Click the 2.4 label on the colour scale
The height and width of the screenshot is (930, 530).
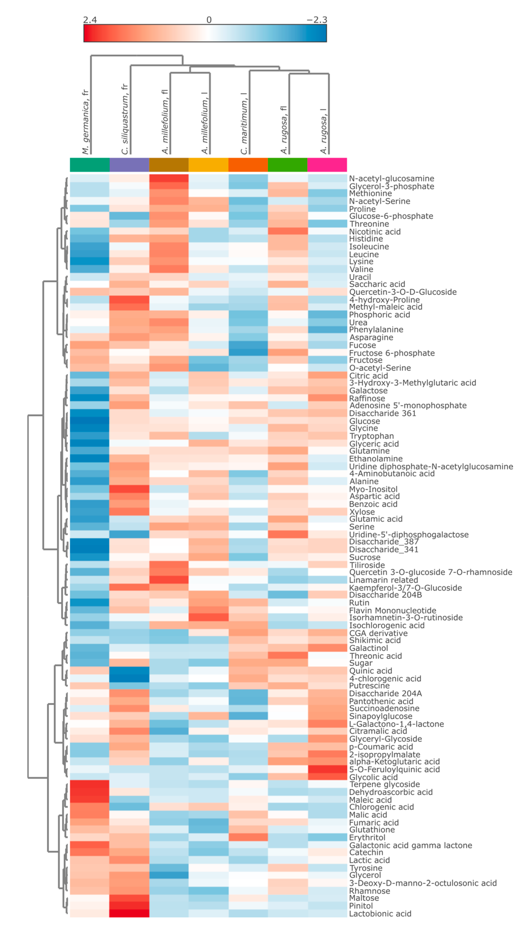click(x=90, y=20)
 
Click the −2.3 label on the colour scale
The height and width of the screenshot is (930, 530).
click(x=316, y=20)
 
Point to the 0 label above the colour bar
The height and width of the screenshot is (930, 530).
click(x=209, y=20)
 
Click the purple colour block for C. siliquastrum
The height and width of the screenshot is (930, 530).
click(x=129, y=165)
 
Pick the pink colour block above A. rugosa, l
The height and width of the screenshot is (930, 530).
click(x=327, y=165)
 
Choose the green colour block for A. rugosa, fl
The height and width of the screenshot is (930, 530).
click(x=288, y=165)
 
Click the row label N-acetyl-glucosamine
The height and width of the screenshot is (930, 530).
click(x=391, y=178)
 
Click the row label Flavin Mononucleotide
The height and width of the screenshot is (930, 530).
click(x=392, y=610)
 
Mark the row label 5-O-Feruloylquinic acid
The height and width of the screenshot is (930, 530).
click(x=394, y=769)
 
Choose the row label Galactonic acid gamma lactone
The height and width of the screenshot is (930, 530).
click(x=410, y=845)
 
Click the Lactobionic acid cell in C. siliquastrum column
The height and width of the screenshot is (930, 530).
click(x=129, y=913)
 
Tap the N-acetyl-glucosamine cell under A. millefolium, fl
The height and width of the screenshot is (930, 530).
click(x=169, y=178)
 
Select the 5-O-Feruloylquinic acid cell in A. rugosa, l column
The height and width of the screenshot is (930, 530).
click(x=327, y=769)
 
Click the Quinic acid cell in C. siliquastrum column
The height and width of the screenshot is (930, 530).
click(x=129, y=671)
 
